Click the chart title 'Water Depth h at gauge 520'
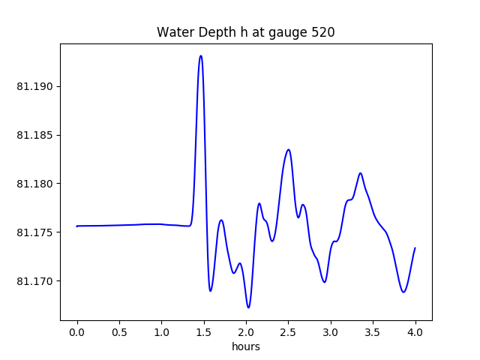point(245,32)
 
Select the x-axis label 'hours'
point(245,346)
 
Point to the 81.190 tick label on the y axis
point(34,87)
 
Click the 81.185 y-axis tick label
point(34,136)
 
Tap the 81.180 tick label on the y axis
point(34,184)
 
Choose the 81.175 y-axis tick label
point(34,232)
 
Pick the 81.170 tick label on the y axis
point(34,281)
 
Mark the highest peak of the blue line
point(200,55)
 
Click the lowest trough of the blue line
point(248,307)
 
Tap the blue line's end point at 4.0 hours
point(415,247)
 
